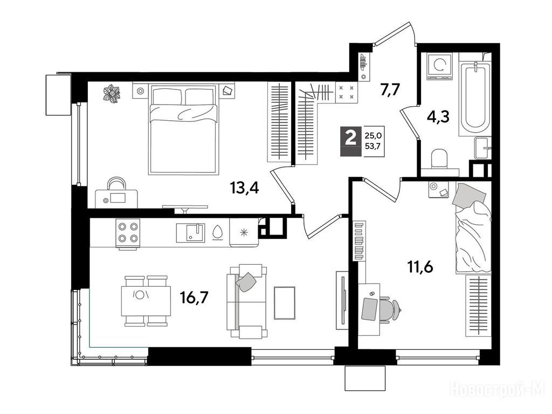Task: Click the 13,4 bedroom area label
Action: pyautogui.click(x=245, y=188)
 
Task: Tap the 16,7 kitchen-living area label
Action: pyautogui.click(x=194, y=298)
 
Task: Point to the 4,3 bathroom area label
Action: pyautogui.click(x=438, y=116)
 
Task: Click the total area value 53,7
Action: pyautogui.click(x=373, y=146)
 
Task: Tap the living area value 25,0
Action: pyautogui.click(x=373, y=135)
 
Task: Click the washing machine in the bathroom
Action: pyautogui.click(x=439, y=66)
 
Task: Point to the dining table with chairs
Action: pyautogui.click(x=146, y=301)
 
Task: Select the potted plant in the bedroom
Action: pyautogui.click(x=112, y=94)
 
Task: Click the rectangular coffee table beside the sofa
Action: pyautogui.click(x=285, y=303)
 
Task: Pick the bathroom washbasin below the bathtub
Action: pyautogui.click(x=482, y=148)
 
